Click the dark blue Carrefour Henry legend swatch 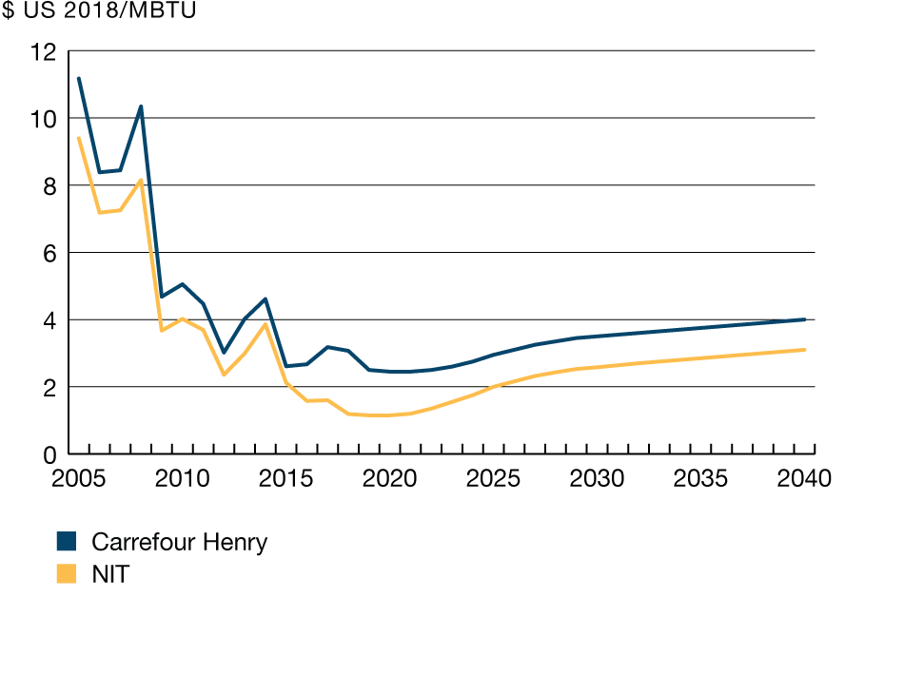pyautogui.click(x=67, y=542)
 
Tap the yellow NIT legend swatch pyautogui.click(x=67, y=573)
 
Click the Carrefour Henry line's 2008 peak pyautogui.click(x=141, y=106)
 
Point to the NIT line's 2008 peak pyautogui.click(x=141, y=180)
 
